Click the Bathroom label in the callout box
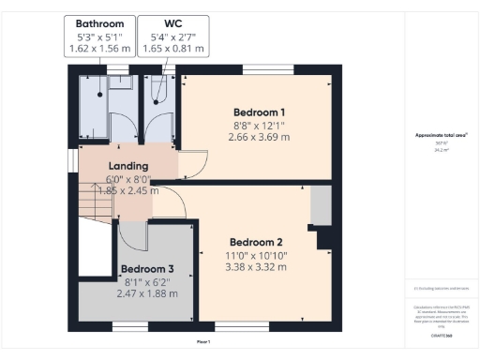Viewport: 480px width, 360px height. coord(98,23)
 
